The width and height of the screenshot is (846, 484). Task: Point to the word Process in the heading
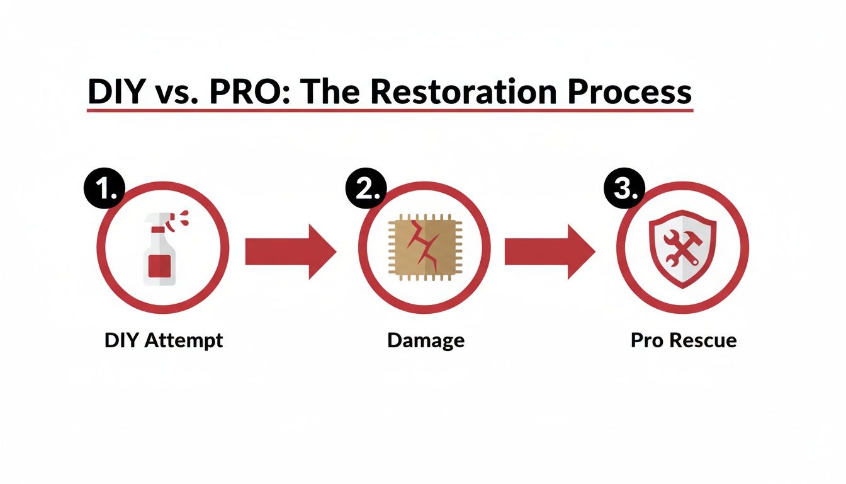click(629, 92)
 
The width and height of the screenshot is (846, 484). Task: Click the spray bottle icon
click(161, 250)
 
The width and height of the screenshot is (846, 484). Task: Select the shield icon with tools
click(682, 250)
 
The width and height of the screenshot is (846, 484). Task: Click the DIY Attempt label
click(163, 341)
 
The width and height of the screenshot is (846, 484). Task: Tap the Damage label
click(426, 341)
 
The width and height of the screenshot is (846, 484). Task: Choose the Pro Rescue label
click(683, 341)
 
